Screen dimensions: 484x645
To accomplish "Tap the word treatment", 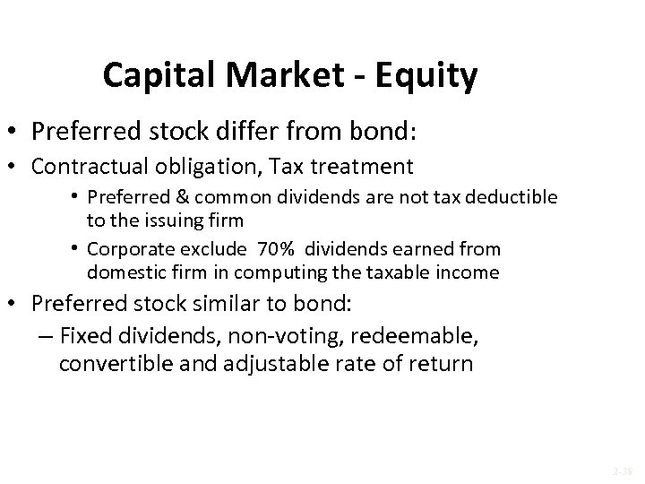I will (x=369, y=166).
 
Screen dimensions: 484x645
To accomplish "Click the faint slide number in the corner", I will (x=622, y=469).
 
